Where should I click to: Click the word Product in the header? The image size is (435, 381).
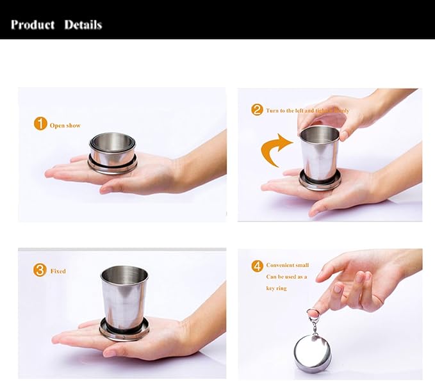(33, 25)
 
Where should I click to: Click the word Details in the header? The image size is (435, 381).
(83, 25)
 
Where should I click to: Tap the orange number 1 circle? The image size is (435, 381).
(40, 124)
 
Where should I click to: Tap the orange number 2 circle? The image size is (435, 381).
(257, 109)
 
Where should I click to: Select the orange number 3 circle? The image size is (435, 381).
(40, 270)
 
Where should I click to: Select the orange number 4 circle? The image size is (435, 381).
(257, 264)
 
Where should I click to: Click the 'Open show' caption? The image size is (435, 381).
(65, 126)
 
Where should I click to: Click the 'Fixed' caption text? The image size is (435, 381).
(58, 272)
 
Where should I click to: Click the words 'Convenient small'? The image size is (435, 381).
(288, 265)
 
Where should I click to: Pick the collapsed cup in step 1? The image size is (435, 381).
(112, 154)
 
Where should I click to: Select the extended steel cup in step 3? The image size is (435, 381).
(124, 295)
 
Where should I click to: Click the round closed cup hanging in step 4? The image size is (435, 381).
(312, 350)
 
